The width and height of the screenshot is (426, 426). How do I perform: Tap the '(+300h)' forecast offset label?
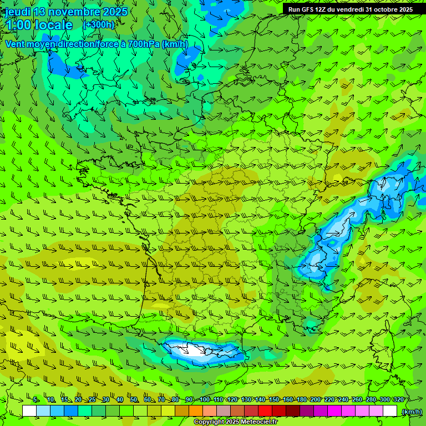click(98, 24)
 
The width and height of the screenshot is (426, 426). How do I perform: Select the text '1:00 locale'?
click(39, 25)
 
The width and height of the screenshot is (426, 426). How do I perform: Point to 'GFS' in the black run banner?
click(310, 9)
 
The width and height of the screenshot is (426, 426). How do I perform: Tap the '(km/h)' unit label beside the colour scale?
click(412, 411)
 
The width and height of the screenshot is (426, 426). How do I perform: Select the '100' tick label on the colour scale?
click(204, 399)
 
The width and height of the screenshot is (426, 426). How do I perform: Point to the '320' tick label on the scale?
click(398, 399)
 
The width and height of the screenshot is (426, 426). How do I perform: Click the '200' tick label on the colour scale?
click(315, 399)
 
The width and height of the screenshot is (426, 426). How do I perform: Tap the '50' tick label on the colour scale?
click(134, 399)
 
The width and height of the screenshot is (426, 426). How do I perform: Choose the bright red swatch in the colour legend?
click(265, 411)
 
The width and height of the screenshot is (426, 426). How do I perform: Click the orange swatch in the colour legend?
click(196, 411)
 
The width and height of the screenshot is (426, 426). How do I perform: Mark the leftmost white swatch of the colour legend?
click(29, 411)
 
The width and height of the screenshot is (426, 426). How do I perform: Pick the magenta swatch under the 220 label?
click(334, 411)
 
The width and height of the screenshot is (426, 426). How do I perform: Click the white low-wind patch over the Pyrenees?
click(191, 349)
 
